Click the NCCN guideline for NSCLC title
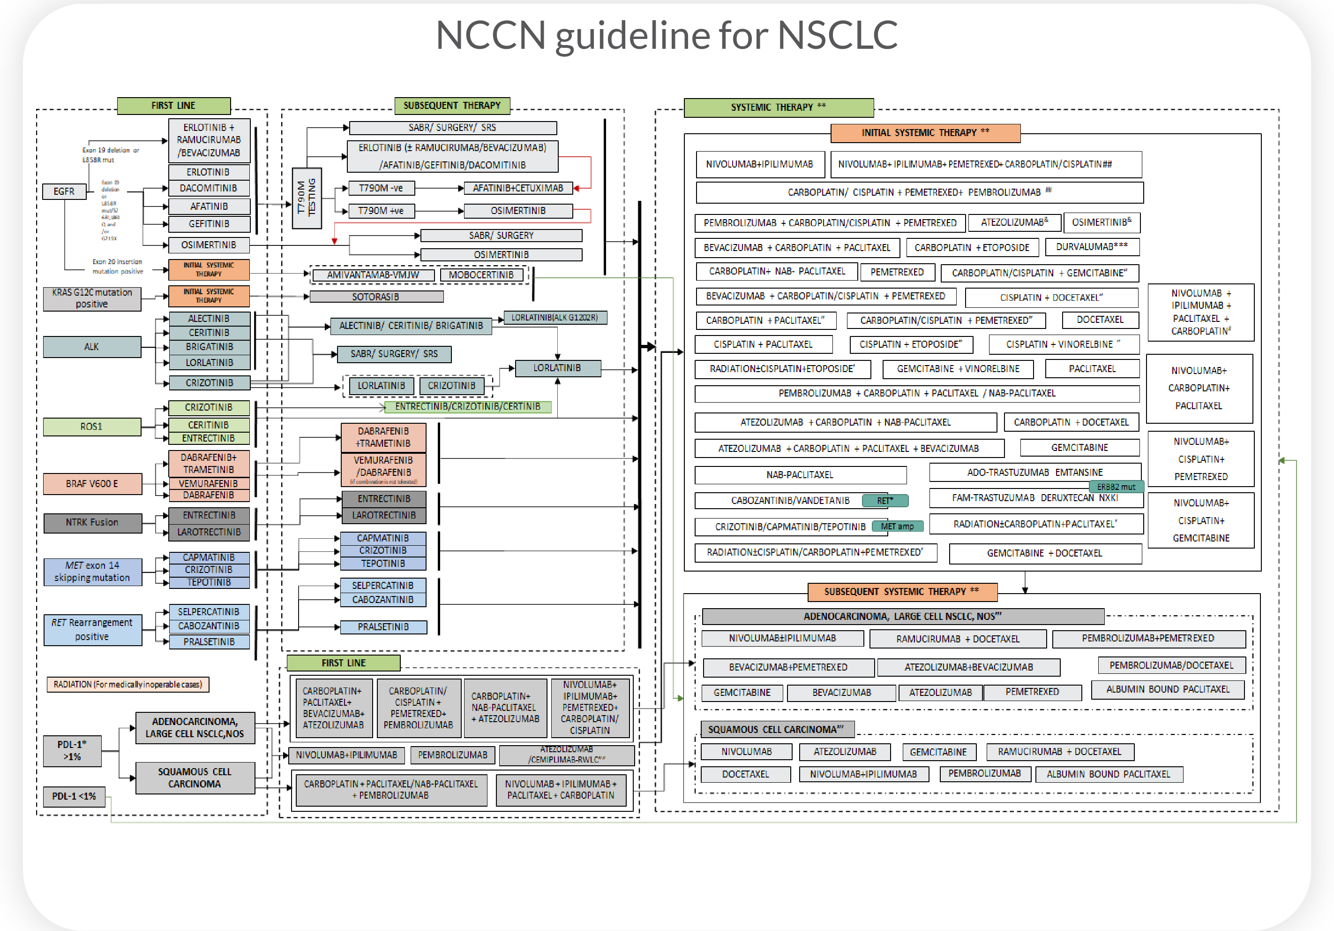click(x=667, y=35)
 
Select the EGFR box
click(x=64, y=191)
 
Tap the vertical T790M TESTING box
click(x=306, y=198)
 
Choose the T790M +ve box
click(x=381, y=211)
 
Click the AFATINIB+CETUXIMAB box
click(x=517, y=188)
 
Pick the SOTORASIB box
click(x=376, y=297)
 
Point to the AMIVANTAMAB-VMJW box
click(x=373, y=275)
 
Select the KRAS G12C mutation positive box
click(x=92, y=298)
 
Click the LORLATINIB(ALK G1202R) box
click(x=555, y=318)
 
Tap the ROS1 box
click(x=91, y=426)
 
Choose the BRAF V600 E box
click(x=92, y=483)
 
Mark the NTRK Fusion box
click(x=92, y=522)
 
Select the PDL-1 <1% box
click(x=74, y=796)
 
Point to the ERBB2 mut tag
click(x=1116, y=487)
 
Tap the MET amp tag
click(x=897, y=526)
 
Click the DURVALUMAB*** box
click(x=1092, y=246)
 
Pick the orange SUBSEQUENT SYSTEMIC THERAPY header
click(x=902, y=591)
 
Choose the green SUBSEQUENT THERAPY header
click(x=452, y=105)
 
